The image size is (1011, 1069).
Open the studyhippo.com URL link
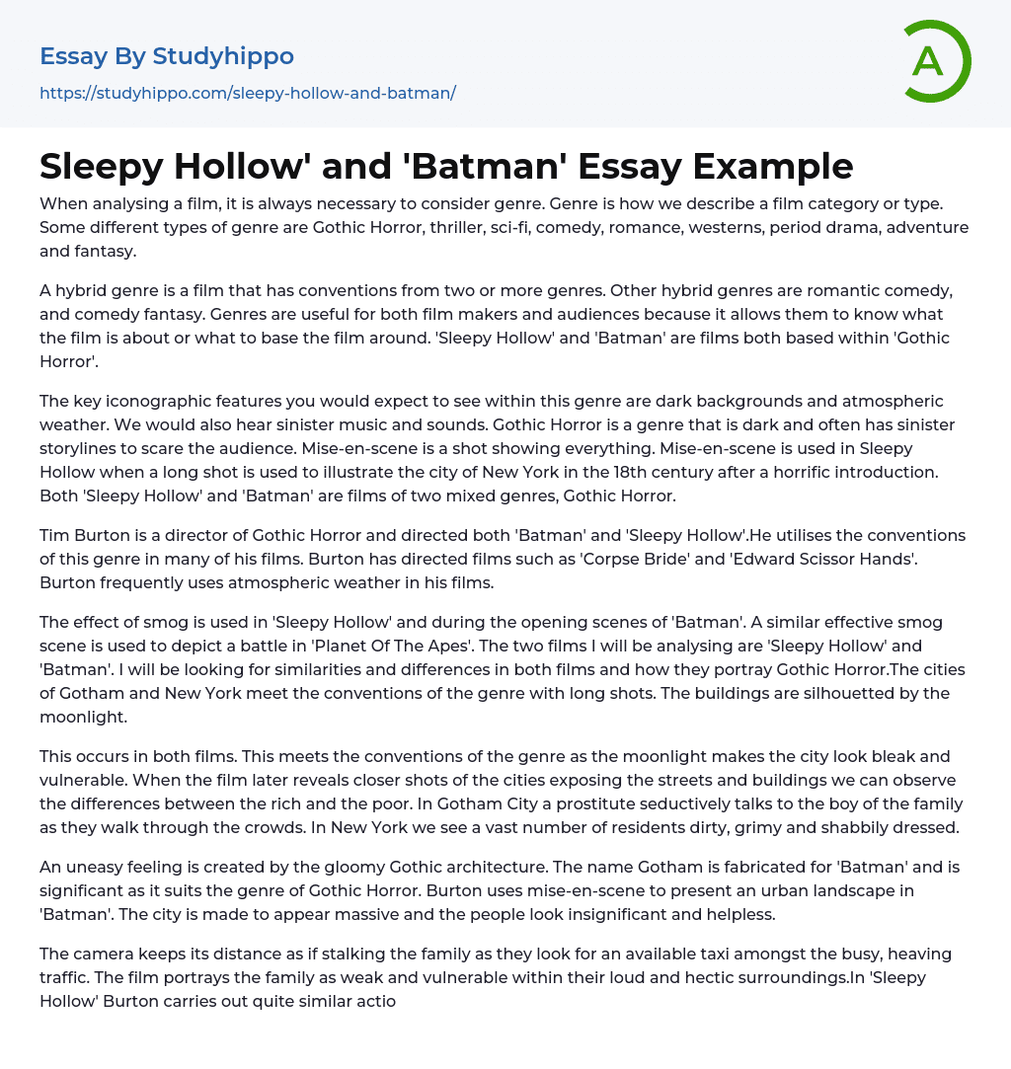click(247, 93)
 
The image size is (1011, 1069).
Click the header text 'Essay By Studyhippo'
click(167, 56)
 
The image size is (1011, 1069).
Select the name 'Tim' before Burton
click(55, 535)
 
